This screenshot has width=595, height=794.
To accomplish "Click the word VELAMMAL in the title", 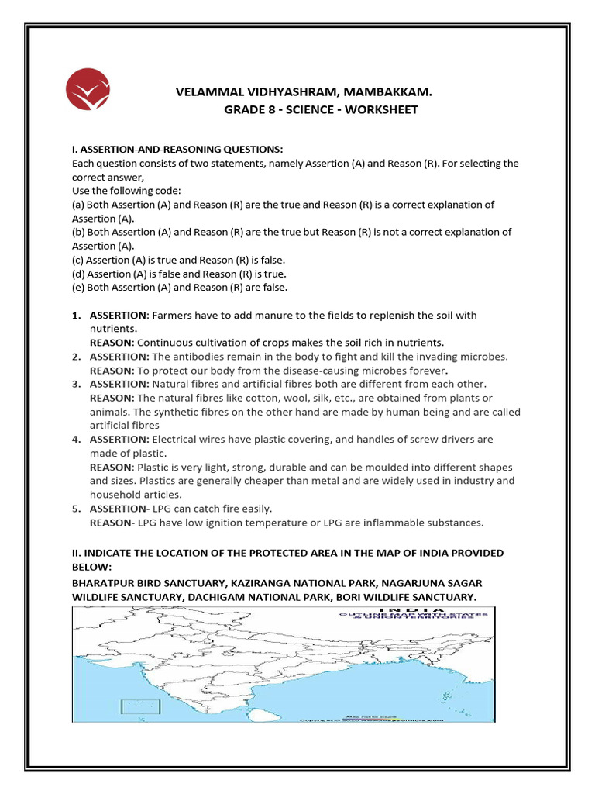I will (x=207, y=93).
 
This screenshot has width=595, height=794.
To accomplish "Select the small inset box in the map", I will (x=139, y=706).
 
